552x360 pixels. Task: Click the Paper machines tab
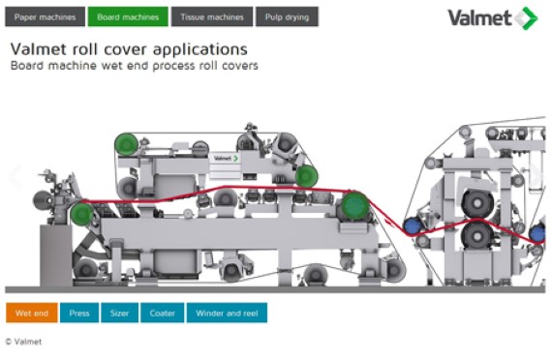(46, 16)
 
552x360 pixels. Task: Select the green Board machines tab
(128, 16)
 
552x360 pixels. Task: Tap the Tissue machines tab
(212, 16)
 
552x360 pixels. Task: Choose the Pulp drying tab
(287, 16)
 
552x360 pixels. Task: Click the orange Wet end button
(32, 313)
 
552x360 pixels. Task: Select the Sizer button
(119, 313)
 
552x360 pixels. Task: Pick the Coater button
(163, 313)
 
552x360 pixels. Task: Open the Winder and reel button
(227, 313)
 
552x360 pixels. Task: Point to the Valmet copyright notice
(23, 342)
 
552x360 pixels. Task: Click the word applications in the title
(199, 49)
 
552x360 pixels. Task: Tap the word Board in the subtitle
(28, 66)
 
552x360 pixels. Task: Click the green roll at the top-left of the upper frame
(127, 144)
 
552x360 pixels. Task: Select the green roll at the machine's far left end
(81, 214)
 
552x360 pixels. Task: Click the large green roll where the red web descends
(354, 206)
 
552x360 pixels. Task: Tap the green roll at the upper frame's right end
(307, 176)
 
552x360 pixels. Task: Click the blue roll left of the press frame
(413, 226)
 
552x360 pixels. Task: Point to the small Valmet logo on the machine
(226, 159)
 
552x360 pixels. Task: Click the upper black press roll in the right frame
(477, 204)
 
